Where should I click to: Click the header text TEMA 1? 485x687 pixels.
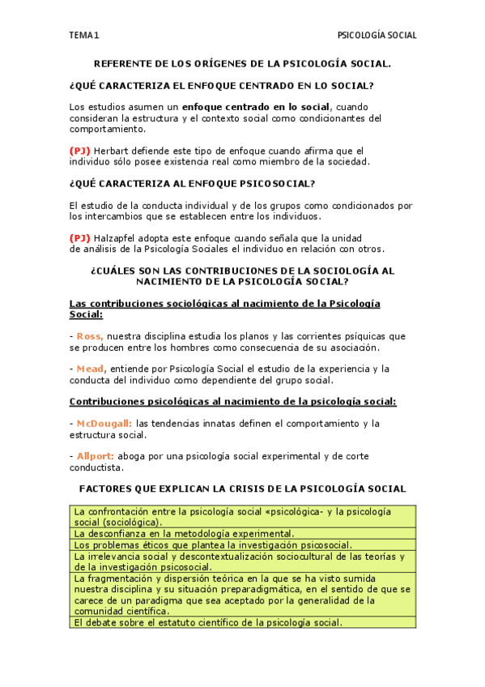(84, 36)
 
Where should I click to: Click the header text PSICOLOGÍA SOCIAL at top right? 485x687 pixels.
(377, 36)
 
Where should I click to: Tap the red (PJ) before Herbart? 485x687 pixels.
(80, 151)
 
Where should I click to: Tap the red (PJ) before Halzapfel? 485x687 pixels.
(80, 238)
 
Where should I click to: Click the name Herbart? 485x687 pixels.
(112, 151)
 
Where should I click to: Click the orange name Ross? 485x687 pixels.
(89, 336)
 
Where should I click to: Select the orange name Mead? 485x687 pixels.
(91, 369)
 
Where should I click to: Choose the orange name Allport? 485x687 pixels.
(96, 456)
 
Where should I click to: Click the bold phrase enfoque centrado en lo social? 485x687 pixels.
(256, 107)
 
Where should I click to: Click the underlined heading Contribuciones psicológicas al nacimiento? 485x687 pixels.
(233, 402)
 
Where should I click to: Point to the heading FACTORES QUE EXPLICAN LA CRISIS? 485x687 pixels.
(243, 489)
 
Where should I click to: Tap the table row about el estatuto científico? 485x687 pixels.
(208, 622)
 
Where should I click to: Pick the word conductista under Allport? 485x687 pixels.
(96, 467)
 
